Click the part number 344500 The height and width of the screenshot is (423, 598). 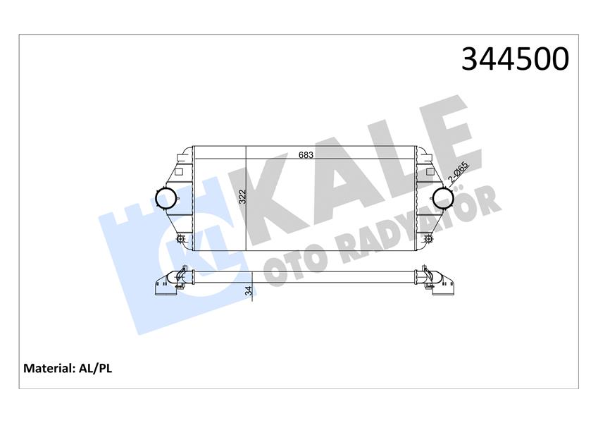tap(516, 59)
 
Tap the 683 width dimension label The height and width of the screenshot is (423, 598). tap(306, 155)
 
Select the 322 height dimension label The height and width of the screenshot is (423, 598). tap(243, 197)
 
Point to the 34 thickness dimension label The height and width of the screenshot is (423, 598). tap(249, 290)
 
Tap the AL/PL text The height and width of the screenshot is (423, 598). tap(95, 369)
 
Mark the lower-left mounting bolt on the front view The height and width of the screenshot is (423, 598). tap(181, 240)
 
